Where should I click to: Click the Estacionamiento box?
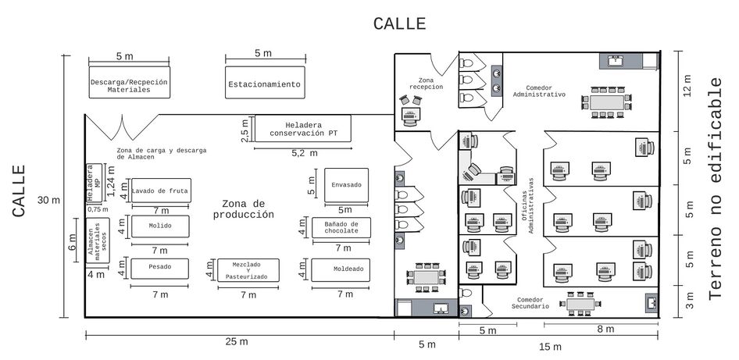point(265,83)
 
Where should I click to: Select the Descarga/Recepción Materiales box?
point(129,83)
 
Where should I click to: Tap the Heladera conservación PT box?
point(303,128)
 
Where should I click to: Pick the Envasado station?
point(346,185)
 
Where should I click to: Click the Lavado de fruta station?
point(161,191)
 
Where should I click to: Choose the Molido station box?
point(160,226)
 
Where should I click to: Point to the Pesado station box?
point(160,268)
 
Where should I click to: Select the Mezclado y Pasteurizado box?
point(248,270)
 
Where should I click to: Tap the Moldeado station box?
point(341,269)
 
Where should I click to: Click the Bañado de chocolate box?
point(341,227)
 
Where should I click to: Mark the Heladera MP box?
point(95,184)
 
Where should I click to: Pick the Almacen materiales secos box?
point(98,241)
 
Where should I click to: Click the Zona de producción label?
point(243,209)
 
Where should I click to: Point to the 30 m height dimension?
point(49,200)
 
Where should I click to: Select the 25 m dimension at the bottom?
point(237,341)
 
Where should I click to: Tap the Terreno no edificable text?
point(716,188)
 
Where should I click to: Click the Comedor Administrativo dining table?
point(607,102)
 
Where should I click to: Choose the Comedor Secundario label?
point(530,303)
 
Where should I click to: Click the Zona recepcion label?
point(426,84)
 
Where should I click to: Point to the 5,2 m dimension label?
point(305,153)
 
